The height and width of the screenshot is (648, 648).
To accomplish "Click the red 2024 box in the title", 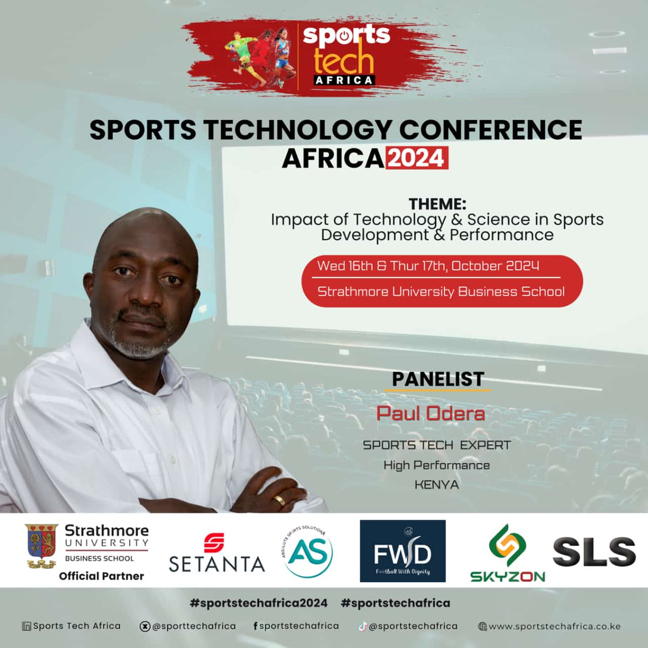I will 416,159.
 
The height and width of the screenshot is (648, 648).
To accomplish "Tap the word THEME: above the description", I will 437,204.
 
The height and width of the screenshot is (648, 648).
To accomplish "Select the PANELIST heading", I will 438,379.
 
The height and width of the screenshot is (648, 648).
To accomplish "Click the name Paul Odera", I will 430,414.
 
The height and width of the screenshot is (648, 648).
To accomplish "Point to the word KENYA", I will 436,485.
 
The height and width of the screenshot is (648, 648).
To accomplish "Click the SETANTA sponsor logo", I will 217,553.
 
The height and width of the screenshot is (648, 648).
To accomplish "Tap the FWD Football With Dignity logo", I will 403,551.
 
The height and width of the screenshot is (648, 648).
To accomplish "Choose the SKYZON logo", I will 507,554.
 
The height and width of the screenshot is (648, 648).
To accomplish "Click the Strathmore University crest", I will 42,546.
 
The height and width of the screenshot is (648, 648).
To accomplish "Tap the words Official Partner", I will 102,576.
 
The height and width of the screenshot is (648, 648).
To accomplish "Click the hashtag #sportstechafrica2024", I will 259,603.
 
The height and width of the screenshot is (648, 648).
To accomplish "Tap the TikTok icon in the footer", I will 363,626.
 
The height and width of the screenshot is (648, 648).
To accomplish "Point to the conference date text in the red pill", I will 428,266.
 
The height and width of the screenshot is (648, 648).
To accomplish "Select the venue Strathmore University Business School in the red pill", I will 441,292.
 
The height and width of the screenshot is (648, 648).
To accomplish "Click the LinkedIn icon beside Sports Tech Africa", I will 26,626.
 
